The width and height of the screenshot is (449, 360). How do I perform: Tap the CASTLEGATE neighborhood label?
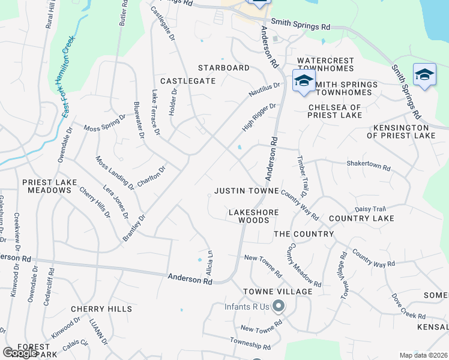(x=187, y=80)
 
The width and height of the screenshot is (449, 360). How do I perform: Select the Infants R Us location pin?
(x=278, y=307)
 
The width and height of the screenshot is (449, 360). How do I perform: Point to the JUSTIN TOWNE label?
(x=247, y=191)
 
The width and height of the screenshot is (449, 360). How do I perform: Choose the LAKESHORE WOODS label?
(x=249, y=216)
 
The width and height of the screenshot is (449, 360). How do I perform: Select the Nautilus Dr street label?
(x=265, y=90)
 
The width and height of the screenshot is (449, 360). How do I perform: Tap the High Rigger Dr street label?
(x=259, y=118)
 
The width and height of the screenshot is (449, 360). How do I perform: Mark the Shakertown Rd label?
(x=369, y=164)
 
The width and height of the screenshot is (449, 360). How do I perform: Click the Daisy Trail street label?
(x=370, y=209)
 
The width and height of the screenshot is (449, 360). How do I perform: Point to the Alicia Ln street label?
(x=209, y=263)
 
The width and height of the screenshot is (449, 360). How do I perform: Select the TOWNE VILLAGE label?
(x=277, y=292)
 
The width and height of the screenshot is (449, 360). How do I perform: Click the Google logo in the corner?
(x=20, y=353)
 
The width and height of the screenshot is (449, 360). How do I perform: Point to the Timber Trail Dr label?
(x=301, y=175)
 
